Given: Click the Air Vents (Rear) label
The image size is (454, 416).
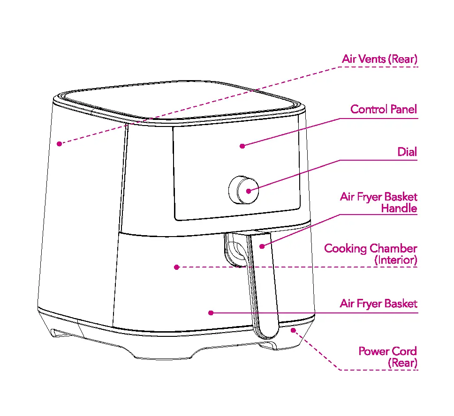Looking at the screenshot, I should [x=379, y=59].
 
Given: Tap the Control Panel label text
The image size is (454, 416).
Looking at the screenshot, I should [x=384, y=110].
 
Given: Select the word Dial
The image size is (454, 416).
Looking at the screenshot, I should [x=407, y=152].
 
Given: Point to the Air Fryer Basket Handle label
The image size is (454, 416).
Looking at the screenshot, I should [x=378, y=202].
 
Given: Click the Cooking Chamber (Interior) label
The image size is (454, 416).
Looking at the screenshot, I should [x=371, y=254].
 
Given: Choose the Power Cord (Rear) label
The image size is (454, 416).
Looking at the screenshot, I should [x=388, y=357].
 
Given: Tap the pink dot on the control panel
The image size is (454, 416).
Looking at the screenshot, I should [x=242, y=146].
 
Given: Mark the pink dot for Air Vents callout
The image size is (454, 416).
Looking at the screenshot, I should [x=59, y=144].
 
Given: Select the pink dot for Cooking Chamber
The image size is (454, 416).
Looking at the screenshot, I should [x=177, y=267].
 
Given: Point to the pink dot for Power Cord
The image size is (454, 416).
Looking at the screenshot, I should [x=294, y=330].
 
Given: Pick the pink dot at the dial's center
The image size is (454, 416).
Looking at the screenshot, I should [x=249, y=190].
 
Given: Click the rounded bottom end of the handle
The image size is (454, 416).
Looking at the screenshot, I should [x=267, y=330].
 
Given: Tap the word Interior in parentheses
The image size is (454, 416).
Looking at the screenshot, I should [x=396, y=260].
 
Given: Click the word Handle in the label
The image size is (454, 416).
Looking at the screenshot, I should [x=399, y=208].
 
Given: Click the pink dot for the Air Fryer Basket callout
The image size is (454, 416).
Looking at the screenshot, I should [x=211, y=312].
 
